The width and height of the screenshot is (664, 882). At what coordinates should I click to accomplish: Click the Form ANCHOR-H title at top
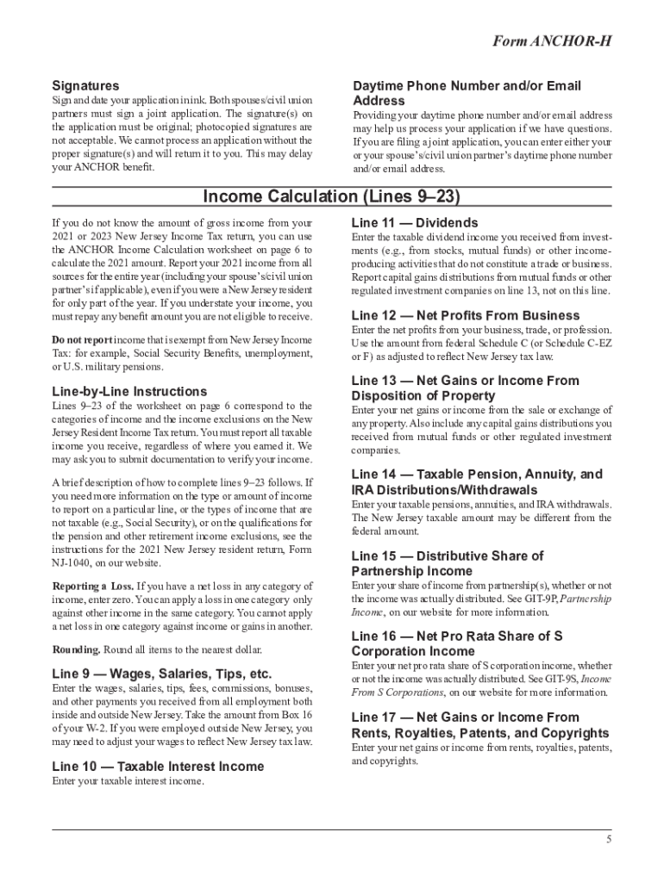point(558,42)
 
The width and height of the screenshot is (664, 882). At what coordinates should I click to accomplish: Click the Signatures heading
point(85,86)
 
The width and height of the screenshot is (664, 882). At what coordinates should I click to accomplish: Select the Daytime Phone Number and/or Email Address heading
point(467,93)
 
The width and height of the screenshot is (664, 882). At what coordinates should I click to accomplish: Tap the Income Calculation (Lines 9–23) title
point(332,197)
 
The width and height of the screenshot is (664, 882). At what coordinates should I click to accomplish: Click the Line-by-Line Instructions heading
point(129,391)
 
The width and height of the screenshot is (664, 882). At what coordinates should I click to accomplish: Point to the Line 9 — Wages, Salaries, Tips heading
point(161,674)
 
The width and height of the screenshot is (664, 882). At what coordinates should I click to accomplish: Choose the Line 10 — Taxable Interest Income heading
point(158,765)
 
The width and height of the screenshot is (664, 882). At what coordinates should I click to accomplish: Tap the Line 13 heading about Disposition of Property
point(465,388)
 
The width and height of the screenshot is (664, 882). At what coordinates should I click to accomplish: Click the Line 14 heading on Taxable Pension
point(477,481)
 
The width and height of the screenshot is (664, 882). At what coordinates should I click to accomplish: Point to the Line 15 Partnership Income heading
point(448,563)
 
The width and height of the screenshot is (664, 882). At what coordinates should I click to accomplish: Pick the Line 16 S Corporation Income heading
point(457,643)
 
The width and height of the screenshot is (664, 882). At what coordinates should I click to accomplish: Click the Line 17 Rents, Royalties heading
point(479,724)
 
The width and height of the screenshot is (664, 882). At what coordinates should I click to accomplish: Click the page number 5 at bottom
point(608,839)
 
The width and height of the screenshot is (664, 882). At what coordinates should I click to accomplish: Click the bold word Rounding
point(75,649)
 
